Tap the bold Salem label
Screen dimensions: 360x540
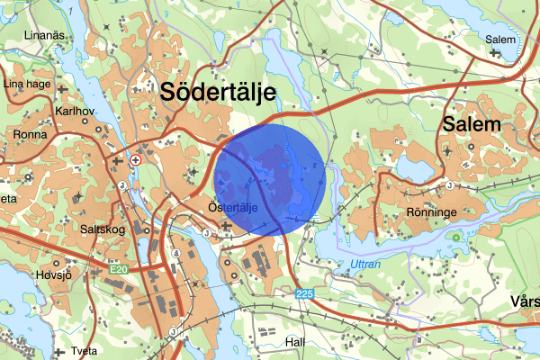pos(470,125)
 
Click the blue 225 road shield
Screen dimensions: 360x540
pos(305,295)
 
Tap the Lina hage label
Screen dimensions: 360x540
pos(26,84)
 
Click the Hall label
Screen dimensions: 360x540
pos(294,343)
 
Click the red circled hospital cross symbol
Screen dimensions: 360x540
pos(135,159)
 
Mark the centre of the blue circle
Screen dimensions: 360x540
pos(270,180)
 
